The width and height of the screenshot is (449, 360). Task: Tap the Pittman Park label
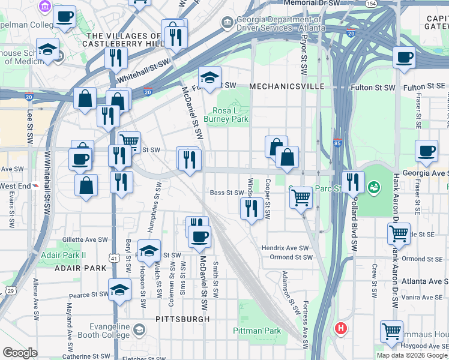click(x=256, y=331)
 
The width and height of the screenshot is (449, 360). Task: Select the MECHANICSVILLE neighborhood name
click(x=286, y=86)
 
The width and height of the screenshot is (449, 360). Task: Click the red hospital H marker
click(x=341, y=328)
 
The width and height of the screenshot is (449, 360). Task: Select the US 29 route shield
click(x=11, y=290)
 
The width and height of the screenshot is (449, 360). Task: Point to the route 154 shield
click(x=372, y=4)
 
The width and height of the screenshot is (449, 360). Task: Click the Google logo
click(x=20, y=353)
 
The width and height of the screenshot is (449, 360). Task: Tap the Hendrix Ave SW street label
click(x=285, y=248)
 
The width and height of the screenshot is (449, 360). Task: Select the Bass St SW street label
click(x=226, y=193)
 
